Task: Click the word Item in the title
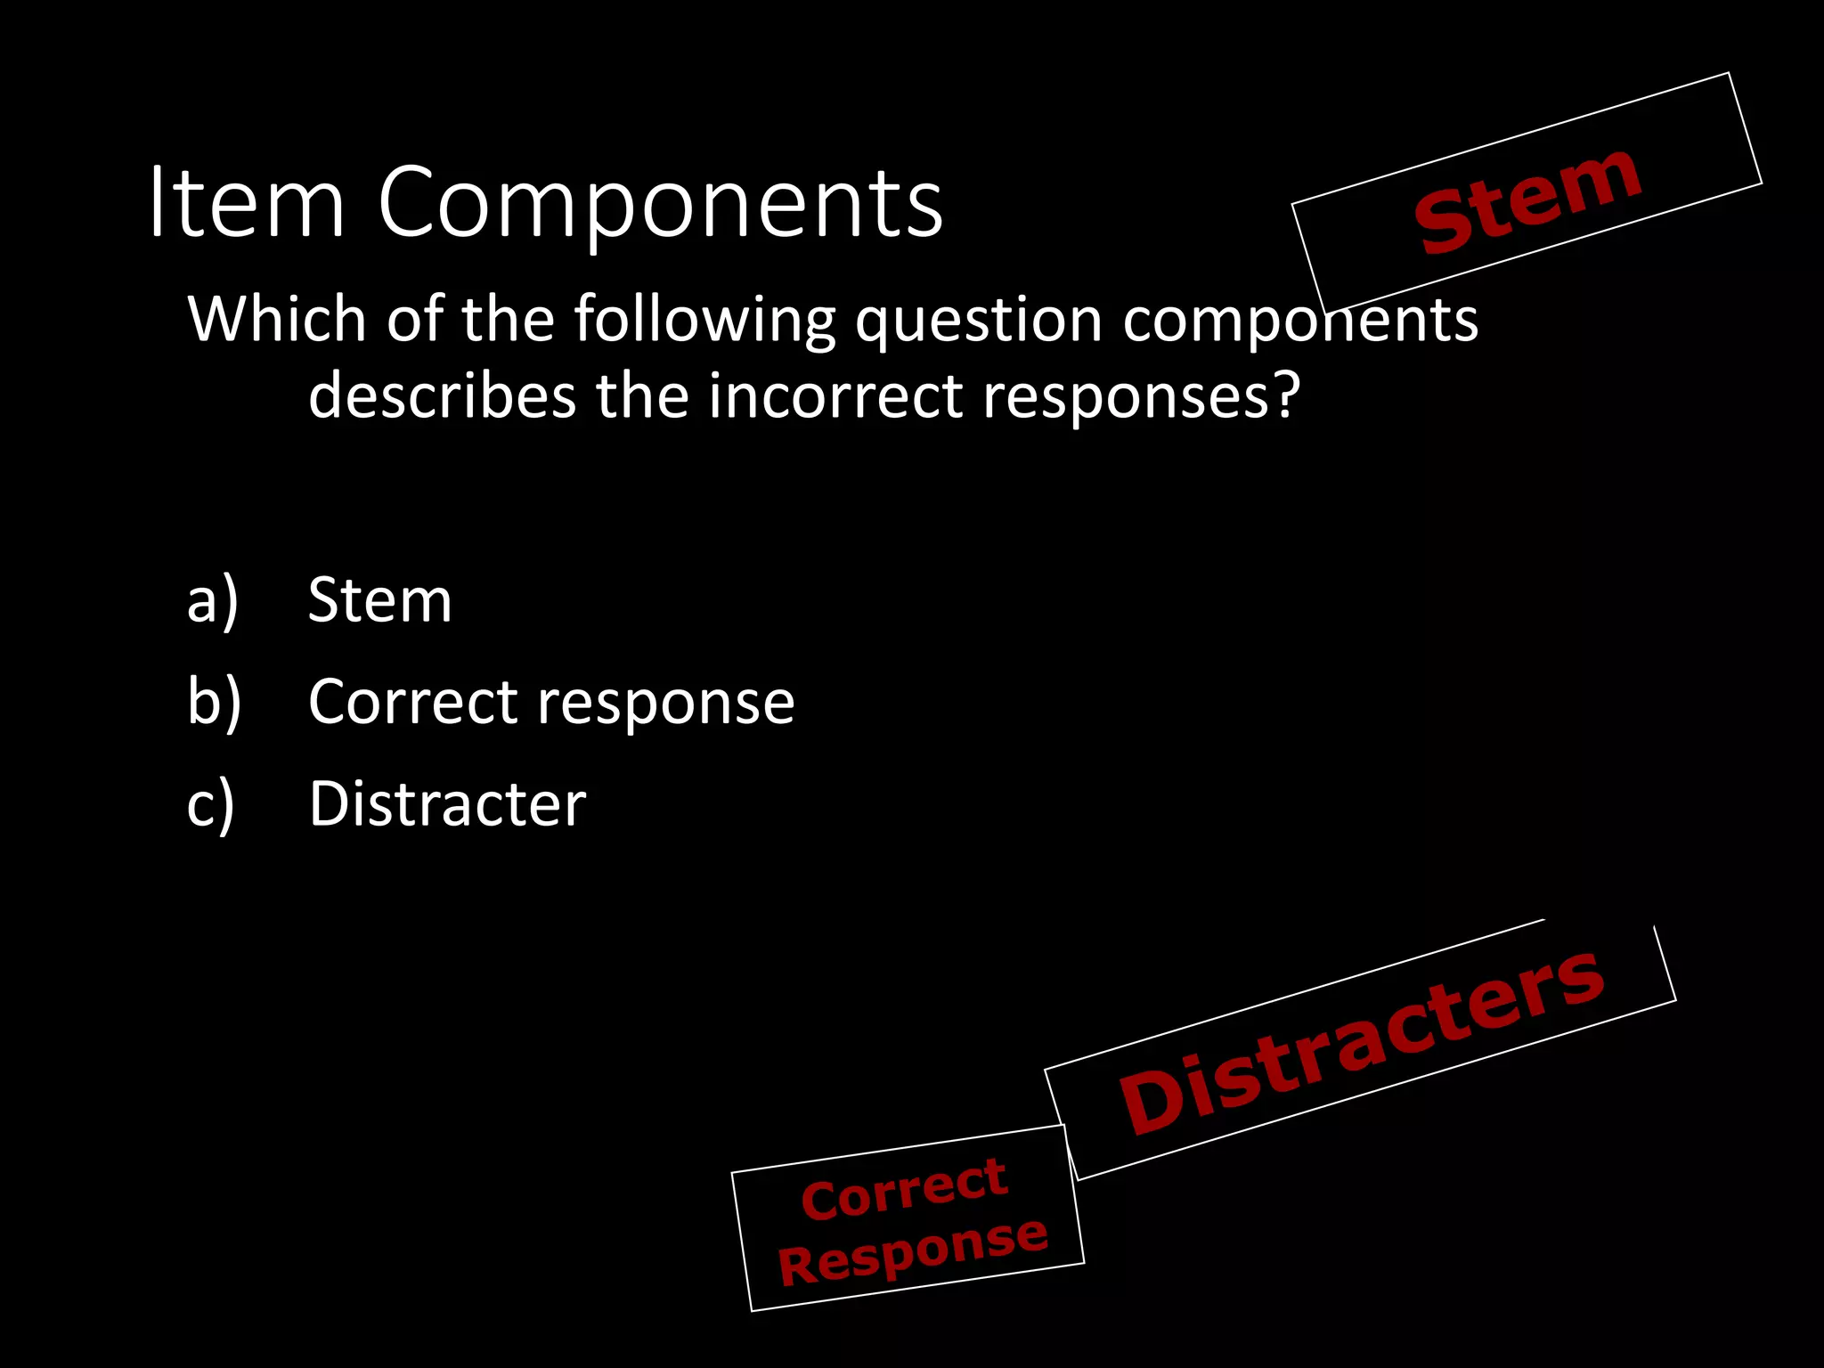(246, 203)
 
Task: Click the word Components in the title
(660, 205)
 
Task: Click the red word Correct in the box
(903, 1189)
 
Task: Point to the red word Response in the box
(912, 1250)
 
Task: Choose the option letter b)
(214, 703)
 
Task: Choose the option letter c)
(211, 804)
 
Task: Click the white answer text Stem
(379, 600)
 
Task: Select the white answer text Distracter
(447, 804)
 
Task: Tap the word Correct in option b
(412, 702)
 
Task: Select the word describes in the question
(442, 395)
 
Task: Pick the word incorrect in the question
(835, 395)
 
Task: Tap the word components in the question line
(1300, 321)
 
